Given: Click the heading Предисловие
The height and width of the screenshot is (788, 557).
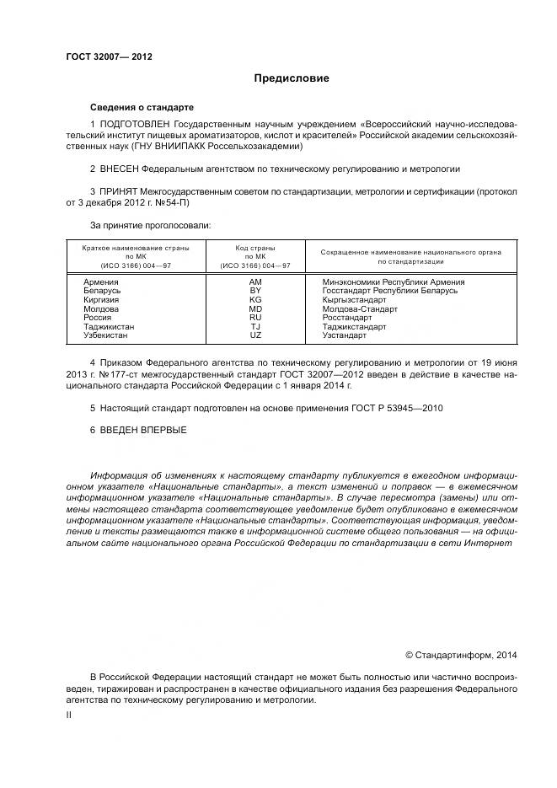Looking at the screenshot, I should pos(292,78).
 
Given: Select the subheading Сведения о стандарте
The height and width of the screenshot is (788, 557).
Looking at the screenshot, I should pos(142,108).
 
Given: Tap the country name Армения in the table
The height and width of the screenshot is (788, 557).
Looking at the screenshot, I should pos(102,281).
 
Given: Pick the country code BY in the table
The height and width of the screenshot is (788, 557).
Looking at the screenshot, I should pos(255,291).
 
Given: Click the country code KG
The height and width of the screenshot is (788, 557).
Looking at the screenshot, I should pos(255,299).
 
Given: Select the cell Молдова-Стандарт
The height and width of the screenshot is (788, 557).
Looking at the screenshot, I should pos(360,308).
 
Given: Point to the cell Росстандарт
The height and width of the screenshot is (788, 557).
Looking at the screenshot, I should pos(347,318).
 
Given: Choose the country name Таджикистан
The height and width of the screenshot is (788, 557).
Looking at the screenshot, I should pos(110,326).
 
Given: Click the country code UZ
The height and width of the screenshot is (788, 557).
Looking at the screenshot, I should pos(255,335).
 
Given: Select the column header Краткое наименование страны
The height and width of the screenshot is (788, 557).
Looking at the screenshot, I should pos(136,249).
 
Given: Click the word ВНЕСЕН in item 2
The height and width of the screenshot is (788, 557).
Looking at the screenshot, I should pos(119,169).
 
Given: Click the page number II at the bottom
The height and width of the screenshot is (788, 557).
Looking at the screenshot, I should pos(69,715).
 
